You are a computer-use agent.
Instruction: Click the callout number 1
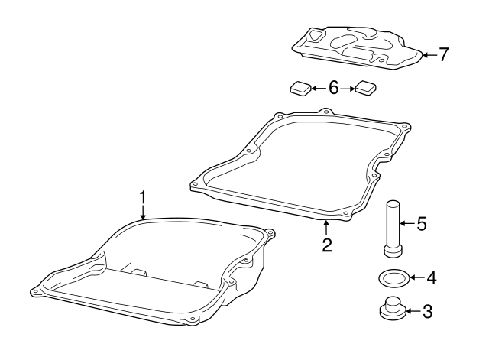(x=142, y=197)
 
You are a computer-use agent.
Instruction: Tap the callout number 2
(x=326, y=245)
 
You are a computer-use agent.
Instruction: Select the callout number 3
(x=428, y=311)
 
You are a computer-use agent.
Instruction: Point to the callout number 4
(x=431, y=278)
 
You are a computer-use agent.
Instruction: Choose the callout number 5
(x=421, y=224)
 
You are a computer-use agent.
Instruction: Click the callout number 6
(x=333, y=88)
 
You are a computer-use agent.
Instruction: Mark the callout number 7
(x=443, y=54)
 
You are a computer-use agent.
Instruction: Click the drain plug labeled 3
(x=392, y=310)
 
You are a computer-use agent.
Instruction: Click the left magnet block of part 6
(x=300, y=89)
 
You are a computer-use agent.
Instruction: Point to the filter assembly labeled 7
(x=355, y=46)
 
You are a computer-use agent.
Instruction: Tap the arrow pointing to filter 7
(x=428, y=54)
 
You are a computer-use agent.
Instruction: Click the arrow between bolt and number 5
(x=409, y=224)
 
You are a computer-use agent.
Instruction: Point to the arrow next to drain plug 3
(x=413, y=311)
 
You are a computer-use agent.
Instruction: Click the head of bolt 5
(x=392, y=251)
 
